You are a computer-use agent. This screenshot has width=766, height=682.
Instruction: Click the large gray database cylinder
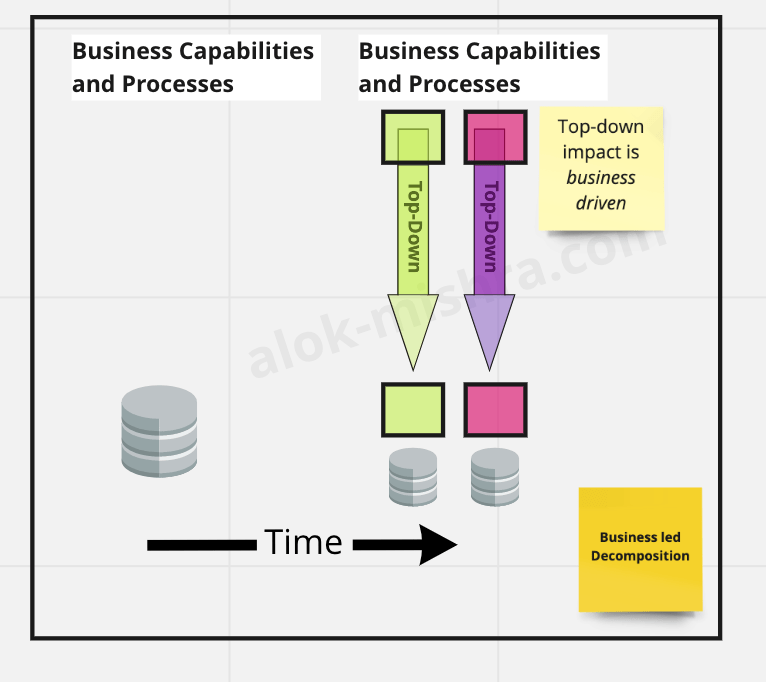coord(159,431)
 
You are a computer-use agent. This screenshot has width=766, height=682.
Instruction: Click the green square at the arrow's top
coord(411,137)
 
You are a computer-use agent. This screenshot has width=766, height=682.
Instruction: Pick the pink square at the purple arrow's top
coord(495,137)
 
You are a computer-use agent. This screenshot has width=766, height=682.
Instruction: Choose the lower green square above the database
coord(412,409)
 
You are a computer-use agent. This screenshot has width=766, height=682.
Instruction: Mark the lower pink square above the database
coord(495,409)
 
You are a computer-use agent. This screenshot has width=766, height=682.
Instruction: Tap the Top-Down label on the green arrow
coord(413,227)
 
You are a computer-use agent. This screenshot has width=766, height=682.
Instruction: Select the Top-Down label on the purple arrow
coord(490,227)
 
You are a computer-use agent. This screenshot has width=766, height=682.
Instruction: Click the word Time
coord(304,543)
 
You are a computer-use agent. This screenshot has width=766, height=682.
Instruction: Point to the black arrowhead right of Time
coord(438,544)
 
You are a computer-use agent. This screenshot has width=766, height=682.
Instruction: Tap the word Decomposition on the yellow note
coord(640,556)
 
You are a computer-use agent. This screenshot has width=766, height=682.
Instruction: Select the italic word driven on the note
coord(601,203)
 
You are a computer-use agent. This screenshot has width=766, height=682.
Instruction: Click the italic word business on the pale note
coord(601,178)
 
